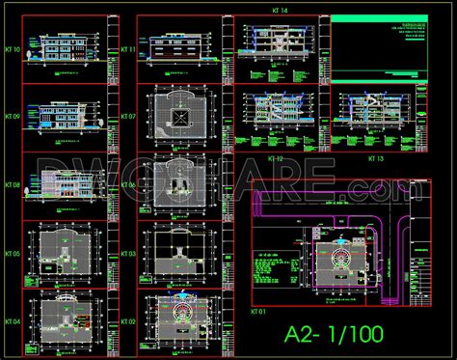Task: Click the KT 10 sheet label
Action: point(13,47)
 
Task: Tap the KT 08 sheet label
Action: point(13,183)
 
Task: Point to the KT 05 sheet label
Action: point(13,253)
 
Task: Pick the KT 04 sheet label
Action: point(13,320)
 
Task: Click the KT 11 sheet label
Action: point(127,47)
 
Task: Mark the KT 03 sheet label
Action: point(127,253)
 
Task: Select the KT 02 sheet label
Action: point(127,320)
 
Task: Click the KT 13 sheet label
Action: point(374,157)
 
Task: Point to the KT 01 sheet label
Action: point(257,313)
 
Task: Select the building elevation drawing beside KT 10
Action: point(64,47)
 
